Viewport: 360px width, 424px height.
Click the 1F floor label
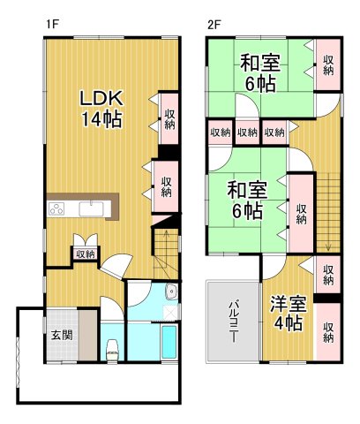click(52, 24)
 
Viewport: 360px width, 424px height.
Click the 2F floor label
click(214, 24)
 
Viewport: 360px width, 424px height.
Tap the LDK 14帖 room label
click(102, 106)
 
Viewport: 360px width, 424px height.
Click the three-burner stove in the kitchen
click(57, 209)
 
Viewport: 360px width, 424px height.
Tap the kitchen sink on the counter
click(93, 209)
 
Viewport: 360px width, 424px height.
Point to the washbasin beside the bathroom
click(171, 294)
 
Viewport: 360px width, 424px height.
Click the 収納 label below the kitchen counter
click(85, 254)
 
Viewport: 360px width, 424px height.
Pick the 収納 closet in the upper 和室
click(328, 64)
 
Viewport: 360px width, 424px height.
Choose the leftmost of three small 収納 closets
click(220, 132)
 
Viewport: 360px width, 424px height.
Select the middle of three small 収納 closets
click(247, 132)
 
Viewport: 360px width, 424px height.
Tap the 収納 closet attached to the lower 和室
click(301, 213)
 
